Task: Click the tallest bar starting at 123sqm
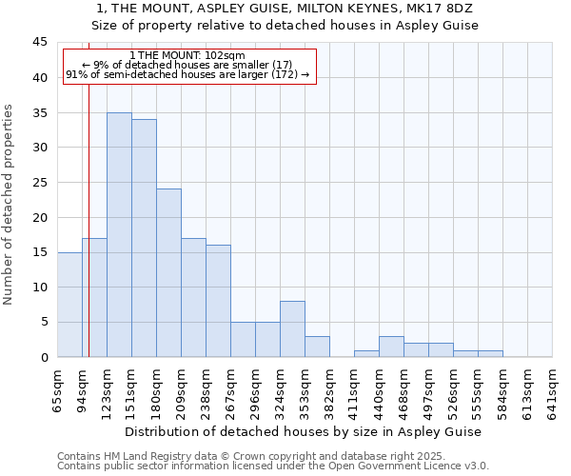[119, 235]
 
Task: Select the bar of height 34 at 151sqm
[144, 238]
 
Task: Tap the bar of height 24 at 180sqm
[168, 273]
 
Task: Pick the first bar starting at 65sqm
[69, 305]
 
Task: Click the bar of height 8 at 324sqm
[292, 329]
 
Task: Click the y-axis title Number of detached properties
[10, 205]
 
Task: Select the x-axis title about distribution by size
[304, 431]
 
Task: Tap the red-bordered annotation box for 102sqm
[187, 66]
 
